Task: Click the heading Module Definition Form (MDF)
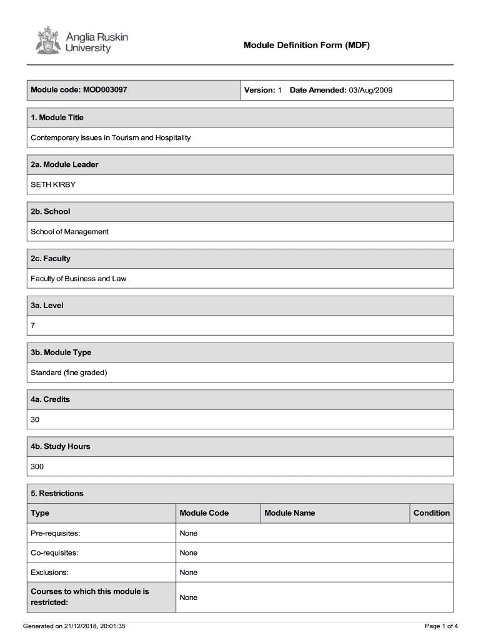click(307, 45)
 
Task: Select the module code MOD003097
click(105, 90)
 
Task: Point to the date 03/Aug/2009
click(370, 90)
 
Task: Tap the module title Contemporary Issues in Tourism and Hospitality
click(111, 137)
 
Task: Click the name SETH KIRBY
click(53, 184)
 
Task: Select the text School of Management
click(69, 231)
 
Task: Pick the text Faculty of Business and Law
click(78, 279)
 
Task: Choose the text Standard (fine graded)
click(69, 372)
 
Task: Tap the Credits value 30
click(35, 419)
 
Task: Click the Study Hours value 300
click(37, 466)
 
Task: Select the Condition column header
click(431, 513)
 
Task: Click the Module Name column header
click(289, 513)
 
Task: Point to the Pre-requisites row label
click(55, 533)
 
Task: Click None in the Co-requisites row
click(188, 553)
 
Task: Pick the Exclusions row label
click(49, 572)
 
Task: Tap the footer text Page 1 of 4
click(441, 626)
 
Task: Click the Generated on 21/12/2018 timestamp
click(74, 626)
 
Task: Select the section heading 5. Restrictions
click(57, 493)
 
